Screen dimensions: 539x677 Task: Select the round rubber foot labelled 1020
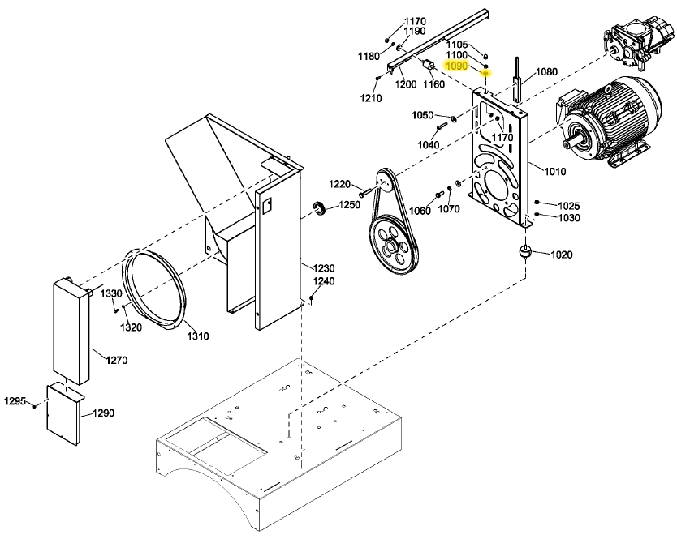[x=525, y=254]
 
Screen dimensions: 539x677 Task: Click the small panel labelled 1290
[x=63, y=414]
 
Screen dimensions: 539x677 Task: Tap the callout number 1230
[x=324, y=268]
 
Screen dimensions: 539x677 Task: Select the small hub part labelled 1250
[x=320, y=212]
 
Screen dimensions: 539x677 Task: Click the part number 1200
[x=406, y=84]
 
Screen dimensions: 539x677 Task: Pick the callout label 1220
[x=339, y=184]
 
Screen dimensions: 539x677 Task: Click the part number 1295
[x=15, y=401]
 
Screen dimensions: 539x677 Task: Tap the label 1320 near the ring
[x=131, y=327]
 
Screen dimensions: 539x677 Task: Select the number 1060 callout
[x=420, y=211]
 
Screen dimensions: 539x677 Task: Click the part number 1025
[x=569, y=206]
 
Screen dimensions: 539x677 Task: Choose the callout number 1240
[x=324, y=281]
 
